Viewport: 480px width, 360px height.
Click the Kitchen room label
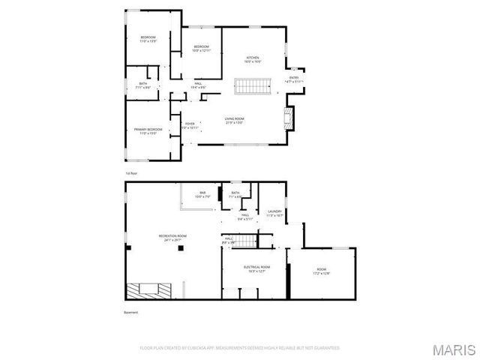point(253,60)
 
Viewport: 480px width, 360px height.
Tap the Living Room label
point(235,120)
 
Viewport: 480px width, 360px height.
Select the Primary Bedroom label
point(148,131)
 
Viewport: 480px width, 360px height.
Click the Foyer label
point(190,125)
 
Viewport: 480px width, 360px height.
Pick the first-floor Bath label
point(142,86)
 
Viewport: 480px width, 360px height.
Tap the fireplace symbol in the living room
point(288,116)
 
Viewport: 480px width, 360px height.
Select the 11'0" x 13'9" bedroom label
point(148,39)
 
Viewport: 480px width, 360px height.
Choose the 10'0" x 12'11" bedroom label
point(202,49)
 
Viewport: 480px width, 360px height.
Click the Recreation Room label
point(172,238)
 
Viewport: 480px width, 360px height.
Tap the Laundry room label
point(274,214)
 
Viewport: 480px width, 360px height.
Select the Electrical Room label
point(256,268)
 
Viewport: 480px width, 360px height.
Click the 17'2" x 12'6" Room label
point(321,271)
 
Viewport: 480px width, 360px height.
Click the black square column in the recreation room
point(179,251)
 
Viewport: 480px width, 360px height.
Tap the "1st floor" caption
point(131,172)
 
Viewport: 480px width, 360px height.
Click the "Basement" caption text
point(131,312)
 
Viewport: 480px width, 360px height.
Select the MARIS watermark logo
point(454,349)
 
